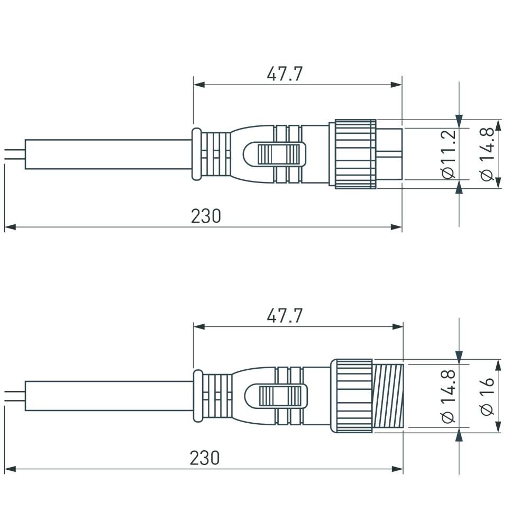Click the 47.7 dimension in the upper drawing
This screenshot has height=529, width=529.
point(285,74)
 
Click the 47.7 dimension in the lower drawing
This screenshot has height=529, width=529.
point(285,316)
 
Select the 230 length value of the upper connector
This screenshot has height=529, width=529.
point(206,216)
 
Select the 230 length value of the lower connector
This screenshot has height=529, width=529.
point(205,458)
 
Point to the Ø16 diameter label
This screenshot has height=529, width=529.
point(487,395)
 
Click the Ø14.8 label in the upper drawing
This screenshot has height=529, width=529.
point(487,154)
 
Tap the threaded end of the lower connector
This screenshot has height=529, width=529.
point(388,396)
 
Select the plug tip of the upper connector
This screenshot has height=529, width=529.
point(389,154)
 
